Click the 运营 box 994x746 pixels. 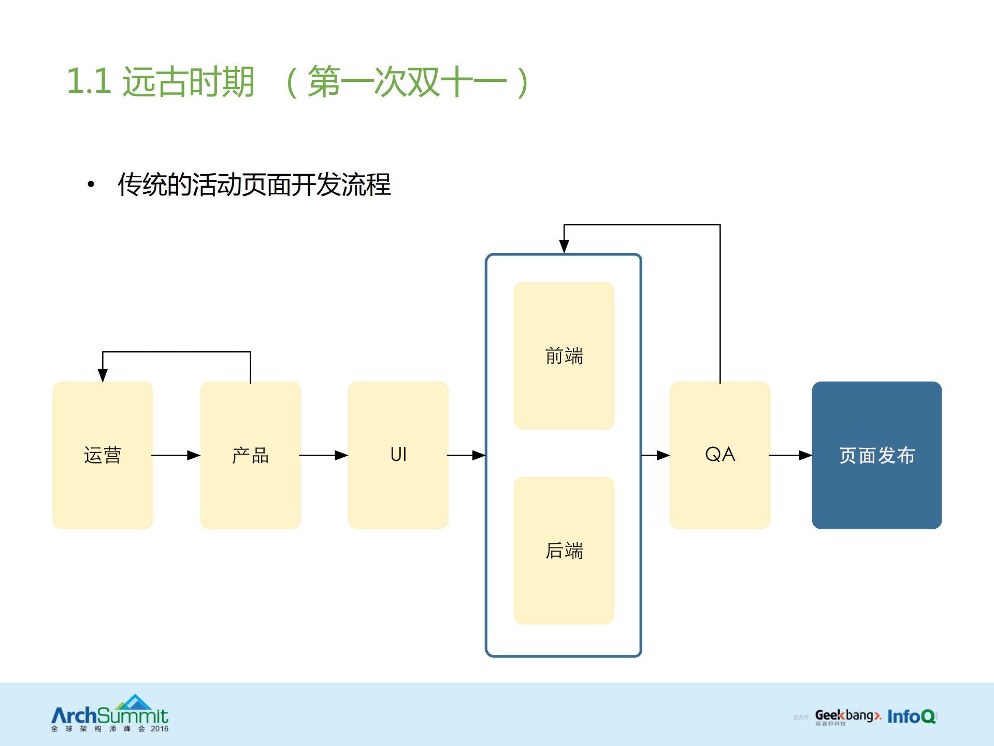pyautogui.click(x=103, y=455)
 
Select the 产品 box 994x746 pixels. pyautogui.click(x=250, y=455)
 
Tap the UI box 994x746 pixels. pyautogui.click(x=398, y=455)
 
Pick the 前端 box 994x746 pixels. pyautogui.click(x=564, y=356)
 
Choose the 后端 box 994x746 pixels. pyautogui.click(x=564, y=550)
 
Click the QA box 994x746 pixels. pyautogui.click(x=719, y=455)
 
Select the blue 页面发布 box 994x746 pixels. pyautogui.click(x=876, y=455)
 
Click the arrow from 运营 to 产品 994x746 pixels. pyautogui.click(x=176, y=455)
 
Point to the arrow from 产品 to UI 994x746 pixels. pyautogui.click(x=324, y=455)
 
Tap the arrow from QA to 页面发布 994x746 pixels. pyautogui.click(x=790, y=455)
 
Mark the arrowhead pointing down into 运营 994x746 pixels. pyautogui.click(x=103, y=375)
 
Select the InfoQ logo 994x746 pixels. pyautogui.click(x=912, y=716)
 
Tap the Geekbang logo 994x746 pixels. pyautogui.click(x=847, y=716)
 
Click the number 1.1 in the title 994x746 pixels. pyautogui.click(x=89, y=81)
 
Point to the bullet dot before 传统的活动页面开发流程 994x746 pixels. pyautogui.click(x=91, y=184)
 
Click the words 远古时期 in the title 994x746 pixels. pyautogui.click(x=189, y=81)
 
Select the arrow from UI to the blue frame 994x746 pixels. pyautogui.click(x=466, y=455)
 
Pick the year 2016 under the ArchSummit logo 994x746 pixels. pyautogui.click(x=160, y=729)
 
